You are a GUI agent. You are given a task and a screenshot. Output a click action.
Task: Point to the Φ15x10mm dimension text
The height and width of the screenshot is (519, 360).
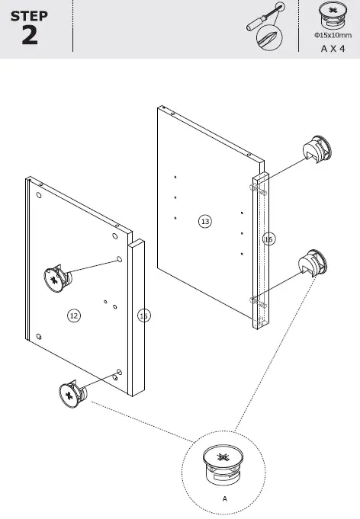tap(330, 35)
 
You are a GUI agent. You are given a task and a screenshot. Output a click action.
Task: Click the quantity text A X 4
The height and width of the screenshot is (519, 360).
tap(330, 46)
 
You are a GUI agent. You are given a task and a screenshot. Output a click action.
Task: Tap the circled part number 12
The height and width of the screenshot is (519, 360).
tap(74, 315)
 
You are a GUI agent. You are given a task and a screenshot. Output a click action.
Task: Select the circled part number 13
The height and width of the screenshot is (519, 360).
tap(204, 221)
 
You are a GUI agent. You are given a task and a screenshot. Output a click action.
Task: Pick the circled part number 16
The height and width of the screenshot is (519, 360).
tap(268, 239)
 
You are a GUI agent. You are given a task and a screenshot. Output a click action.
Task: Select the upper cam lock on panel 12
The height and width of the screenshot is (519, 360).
tap(55, 278)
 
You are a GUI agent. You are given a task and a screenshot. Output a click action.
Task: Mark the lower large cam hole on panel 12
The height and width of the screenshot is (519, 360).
tap(119, 372)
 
